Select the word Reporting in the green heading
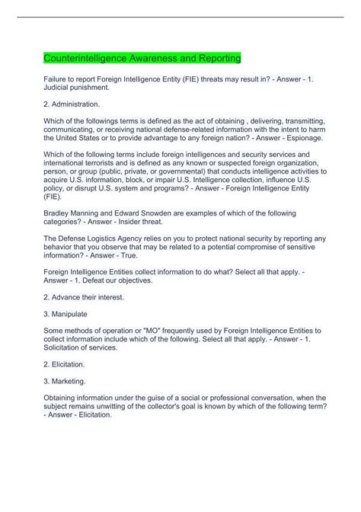point(218,59)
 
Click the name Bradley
point(58,213)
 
